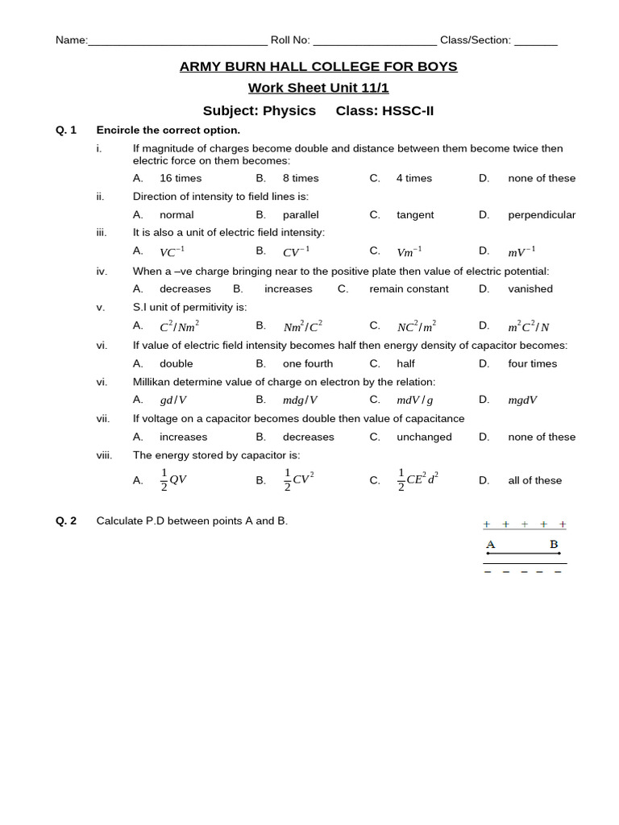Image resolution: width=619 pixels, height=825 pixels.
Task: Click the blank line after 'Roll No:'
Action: point(374,40)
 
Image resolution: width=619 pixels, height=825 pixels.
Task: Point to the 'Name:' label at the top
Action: point(71,40)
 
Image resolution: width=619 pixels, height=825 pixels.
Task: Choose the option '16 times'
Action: point(181,178)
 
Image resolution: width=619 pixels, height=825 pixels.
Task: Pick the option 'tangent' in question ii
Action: point(414,215)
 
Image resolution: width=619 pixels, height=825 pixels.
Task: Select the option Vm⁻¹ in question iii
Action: point(409,252)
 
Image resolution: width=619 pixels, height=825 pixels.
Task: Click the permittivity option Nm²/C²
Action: point(302,326)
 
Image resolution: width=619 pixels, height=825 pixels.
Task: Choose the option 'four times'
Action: point(532,363)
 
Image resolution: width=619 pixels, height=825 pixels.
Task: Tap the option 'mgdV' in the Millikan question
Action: point(522,400)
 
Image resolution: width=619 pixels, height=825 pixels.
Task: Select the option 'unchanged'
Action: point(424,437)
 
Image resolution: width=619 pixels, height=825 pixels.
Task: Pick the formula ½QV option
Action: point(173,479)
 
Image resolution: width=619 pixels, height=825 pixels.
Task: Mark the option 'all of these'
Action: point(534,480)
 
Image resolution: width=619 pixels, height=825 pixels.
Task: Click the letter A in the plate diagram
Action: point(490,544)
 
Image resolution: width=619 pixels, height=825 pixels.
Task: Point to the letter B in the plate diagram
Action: point(554,544)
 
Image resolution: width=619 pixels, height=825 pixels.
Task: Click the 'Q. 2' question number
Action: point(66,520)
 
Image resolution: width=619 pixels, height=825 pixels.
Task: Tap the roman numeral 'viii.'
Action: point(104,455)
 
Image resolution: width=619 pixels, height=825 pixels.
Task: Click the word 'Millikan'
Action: point(155,382)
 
